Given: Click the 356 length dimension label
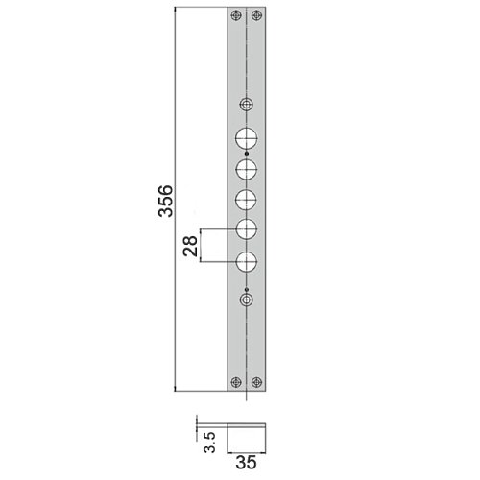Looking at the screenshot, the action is click(166, 201).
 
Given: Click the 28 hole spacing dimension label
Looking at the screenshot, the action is click(190, 246).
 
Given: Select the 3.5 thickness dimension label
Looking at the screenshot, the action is click(210, 442).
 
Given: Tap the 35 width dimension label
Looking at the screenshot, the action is click(246, 462).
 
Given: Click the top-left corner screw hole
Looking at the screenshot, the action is click(236, 15).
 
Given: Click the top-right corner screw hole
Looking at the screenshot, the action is click(256, 15).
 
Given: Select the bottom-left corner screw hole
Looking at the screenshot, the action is click(236, 382).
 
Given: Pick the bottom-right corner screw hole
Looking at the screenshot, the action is click(256, 382).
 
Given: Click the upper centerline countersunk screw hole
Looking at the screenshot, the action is click(247, 105).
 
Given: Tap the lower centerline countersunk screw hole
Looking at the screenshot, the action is click(247, 300).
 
